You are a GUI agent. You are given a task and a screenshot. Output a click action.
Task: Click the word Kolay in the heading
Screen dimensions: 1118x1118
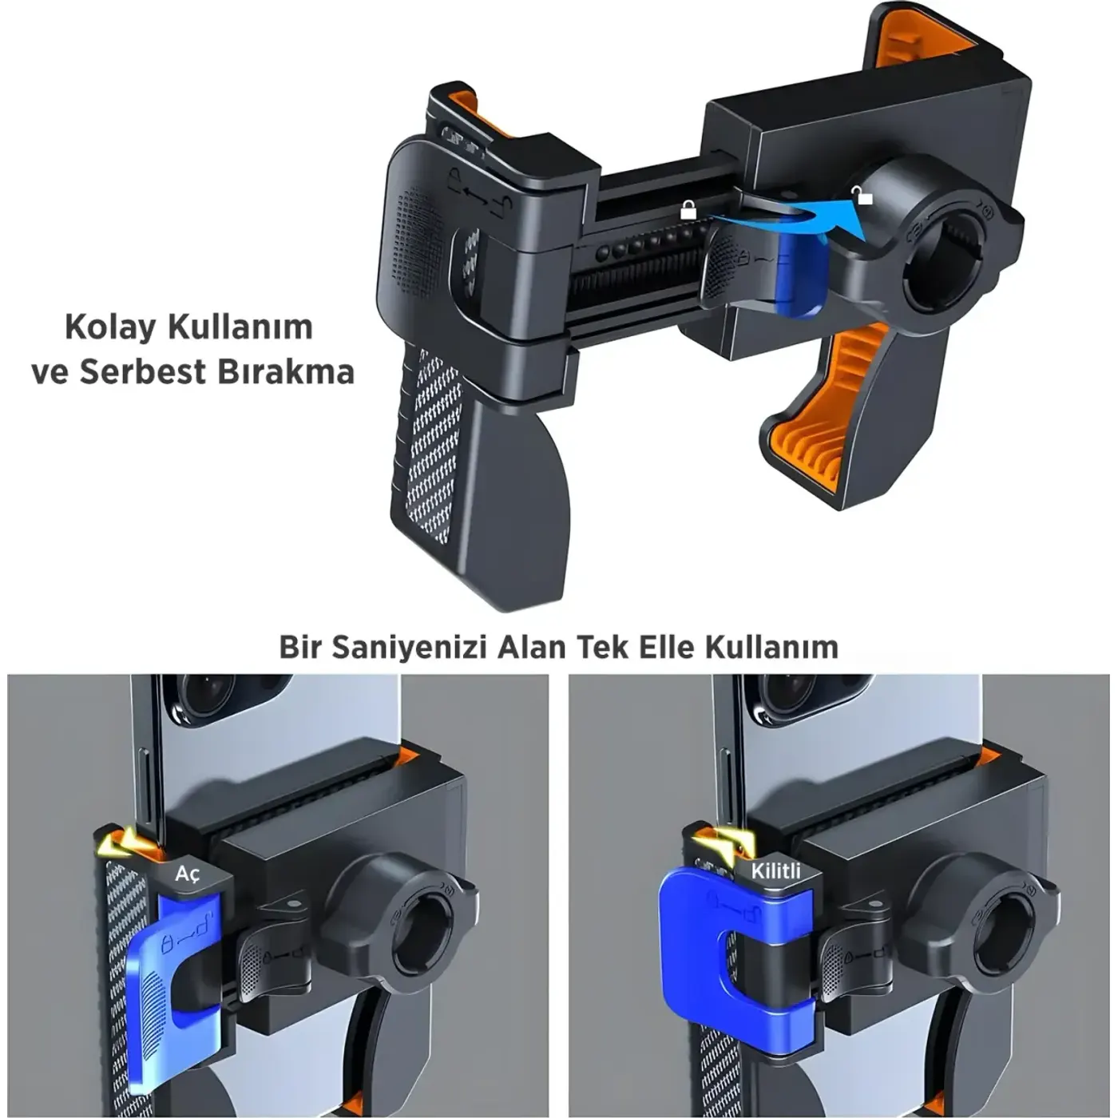point(110,327)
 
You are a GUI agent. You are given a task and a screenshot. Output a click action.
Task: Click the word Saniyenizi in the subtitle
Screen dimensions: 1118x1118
point(408,647)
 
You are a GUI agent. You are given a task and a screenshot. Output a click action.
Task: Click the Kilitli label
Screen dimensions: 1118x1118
point(775,871)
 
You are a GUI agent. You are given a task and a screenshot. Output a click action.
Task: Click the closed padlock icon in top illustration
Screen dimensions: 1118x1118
point(688,209)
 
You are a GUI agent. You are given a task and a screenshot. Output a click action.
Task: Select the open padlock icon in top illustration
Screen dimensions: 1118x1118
point(862,195)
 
